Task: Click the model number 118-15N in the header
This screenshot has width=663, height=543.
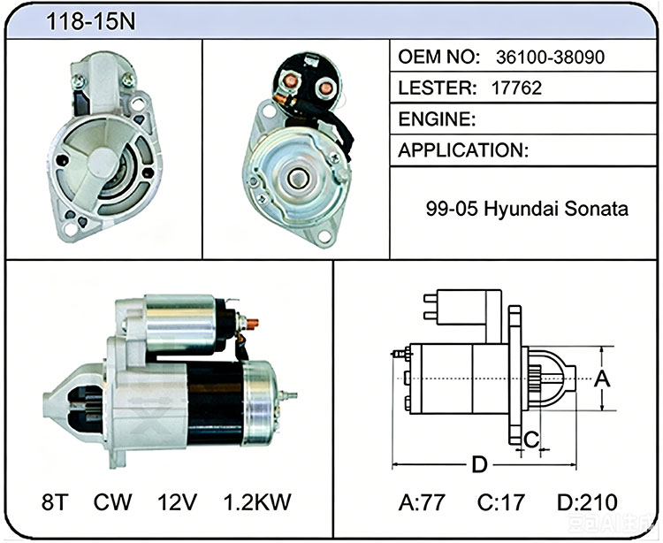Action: (90, 21)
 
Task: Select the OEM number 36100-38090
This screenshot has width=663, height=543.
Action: (550, 57)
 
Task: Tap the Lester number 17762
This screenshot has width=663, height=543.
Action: (516, 88)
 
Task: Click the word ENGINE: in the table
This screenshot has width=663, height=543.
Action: (437, 119)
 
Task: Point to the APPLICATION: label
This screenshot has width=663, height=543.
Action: (463, 150)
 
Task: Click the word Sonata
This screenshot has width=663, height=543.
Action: (596, 209)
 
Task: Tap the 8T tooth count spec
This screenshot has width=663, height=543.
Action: (55, 502)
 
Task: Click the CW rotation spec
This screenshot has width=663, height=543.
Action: (112, 502)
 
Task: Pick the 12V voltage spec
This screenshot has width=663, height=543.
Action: (177, 502)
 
